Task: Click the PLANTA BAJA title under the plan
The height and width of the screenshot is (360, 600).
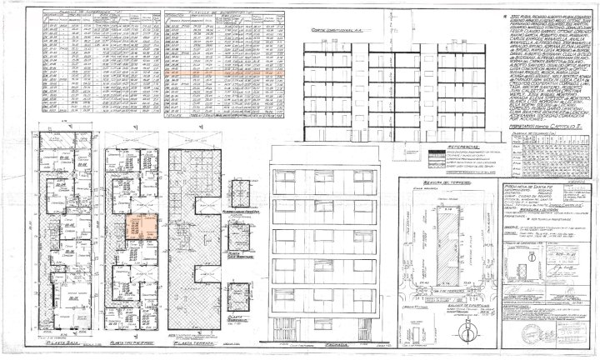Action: (60, 342)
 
